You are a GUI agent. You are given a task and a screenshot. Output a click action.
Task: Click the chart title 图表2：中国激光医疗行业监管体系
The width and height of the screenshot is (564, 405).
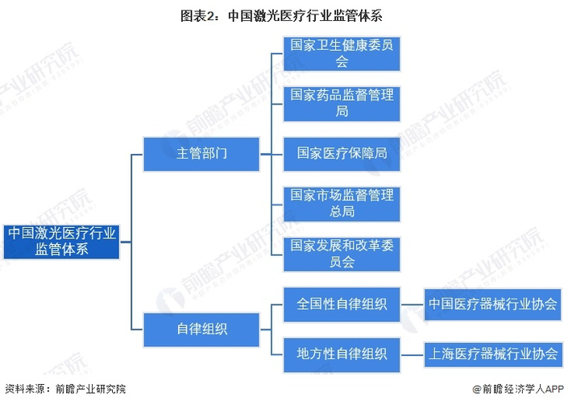click(x=281, y=16)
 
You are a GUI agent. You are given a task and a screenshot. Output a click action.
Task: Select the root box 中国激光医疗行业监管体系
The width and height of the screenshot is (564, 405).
click(x=61, y=242)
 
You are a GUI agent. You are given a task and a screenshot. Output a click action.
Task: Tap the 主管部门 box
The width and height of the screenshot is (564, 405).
click(x=201, y=154)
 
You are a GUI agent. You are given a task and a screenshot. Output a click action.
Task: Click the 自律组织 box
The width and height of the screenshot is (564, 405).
click(x=201, y=329)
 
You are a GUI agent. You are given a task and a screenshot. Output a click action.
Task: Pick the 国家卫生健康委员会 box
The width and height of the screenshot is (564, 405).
click(x=342, y=54)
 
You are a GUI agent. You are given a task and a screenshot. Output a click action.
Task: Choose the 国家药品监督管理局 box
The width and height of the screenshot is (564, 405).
click(x=342, y=104)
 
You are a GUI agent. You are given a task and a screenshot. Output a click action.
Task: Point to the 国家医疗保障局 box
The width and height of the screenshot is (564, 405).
click(x=342, y=154)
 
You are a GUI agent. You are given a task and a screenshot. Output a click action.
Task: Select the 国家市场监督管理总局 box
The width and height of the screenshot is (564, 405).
click(x=342, y=205)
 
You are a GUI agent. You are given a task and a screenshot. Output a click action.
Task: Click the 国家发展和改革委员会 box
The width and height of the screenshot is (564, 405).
click(x=342, y=254)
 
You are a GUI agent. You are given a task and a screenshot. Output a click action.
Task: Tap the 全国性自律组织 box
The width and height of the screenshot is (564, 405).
click(x=342, y=304)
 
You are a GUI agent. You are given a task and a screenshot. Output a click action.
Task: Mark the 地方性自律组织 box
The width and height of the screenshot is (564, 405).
click(x=342, y=355)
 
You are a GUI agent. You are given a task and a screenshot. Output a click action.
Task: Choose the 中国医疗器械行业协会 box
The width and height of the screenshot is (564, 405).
click(x=492, y=304)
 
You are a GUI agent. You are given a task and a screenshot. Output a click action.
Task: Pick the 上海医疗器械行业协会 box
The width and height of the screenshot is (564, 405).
click(x=492, y=355)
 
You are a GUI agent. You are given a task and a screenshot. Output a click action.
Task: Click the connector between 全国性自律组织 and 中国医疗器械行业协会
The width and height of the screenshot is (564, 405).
click(x=413, y=304)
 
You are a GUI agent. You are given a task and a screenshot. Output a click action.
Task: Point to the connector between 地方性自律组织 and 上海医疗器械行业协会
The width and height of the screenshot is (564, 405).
click(x=413, y=355)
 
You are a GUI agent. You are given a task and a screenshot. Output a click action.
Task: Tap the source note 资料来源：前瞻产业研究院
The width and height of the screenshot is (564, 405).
click(x=65, y=389)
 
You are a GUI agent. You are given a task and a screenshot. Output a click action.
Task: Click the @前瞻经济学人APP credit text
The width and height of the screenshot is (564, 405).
click(x=517, y=389)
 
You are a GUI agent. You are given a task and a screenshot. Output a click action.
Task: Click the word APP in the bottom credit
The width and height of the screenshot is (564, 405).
click(x=554, y=389)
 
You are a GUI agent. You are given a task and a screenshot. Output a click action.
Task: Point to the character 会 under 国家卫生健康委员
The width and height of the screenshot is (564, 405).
click(x=342, y=62)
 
